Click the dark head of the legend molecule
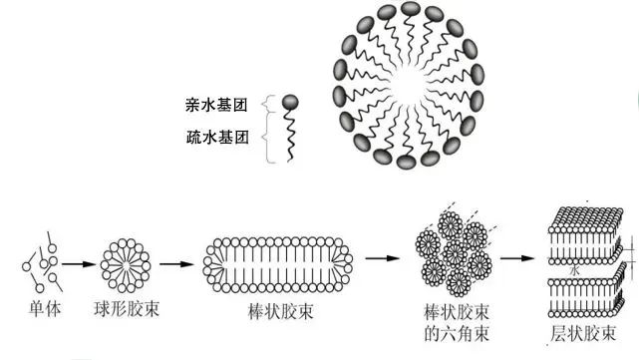click(289, 101)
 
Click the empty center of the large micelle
click(410, 86)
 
